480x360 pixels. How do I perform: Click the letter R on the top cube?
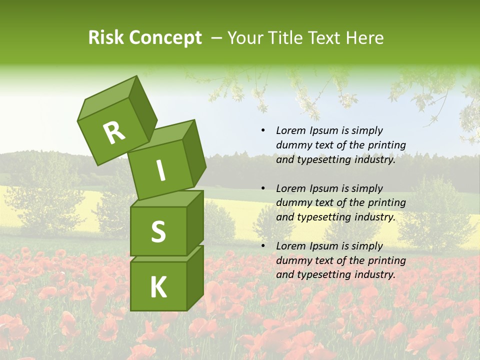[113, 133]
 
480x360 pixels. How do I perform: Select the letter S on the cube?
[158, 231]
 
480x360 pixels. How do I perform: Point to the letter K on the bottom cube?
[158, 287]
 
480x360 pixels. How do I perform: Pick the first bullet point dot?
[263, 131]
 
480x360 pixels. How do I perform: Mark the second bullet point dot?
[263, 188]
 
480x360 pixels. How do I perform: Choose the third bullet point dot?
[263, 246]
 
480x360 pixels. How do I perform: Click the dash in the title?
[216, 38]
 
